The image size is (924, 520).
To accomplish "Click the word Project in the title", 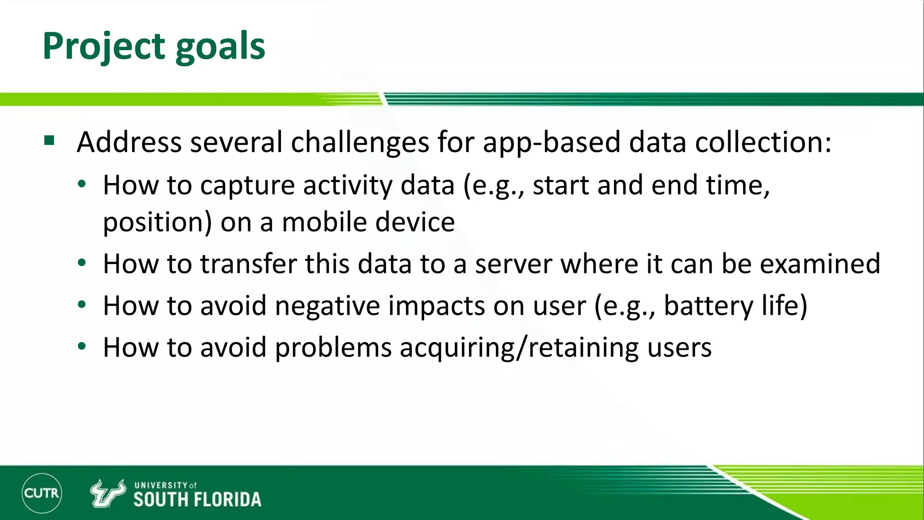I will click(104, 46).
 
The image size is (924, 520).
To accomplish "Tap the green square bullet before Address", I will click(49, 141).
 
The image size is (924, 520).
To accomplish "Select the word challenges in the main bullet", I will click(360, 143).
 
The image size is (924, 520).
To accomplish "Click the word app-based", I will click(551, 143).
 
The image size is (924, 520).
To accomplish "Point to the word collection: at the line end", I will click(762, 143).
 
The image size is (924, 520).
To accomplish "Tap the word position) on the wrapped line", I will click(157, 222).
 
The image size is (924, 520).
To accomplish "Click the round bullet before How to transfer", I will click(82, 263).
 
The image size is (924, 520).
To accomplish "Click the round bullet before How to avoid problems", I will click(82, 347).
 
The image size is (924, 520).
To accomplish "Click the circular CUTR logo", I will click(42, 493).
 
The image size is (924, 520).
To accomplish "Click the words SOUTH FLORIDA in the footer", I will click(197, 499).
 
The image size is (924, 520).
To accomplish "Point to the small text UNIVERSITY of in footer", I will click(165, 485).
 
